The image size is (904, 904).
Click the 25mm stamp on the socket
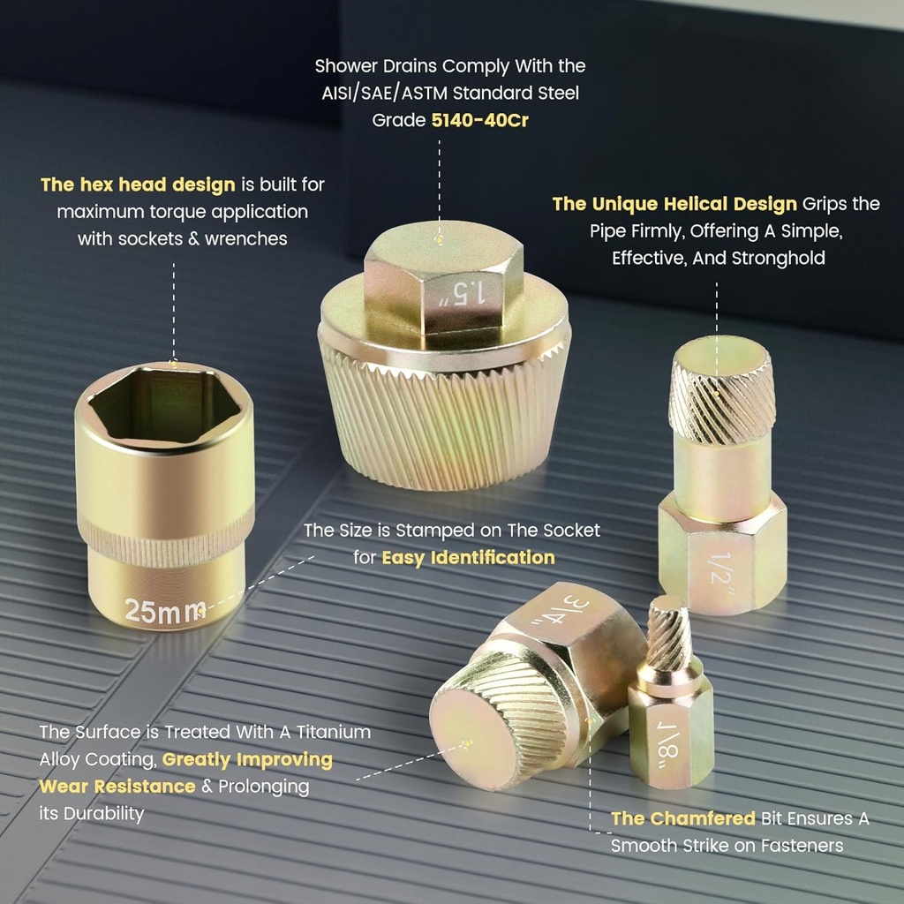165,611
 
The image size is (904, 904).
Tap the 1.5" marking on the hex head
463,293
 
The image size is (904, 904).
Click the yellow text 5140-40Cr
479,120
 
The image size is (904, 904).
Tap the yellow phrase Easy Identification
468,558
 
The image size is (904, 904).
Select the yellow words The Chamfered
683,818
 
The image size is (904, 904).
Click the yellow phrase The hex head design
138,185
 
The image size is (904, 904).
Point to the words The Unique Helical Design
674,204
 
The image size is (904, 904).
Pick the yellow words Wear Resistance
117,787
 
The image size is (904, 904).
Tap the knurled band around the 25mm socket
165,539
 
